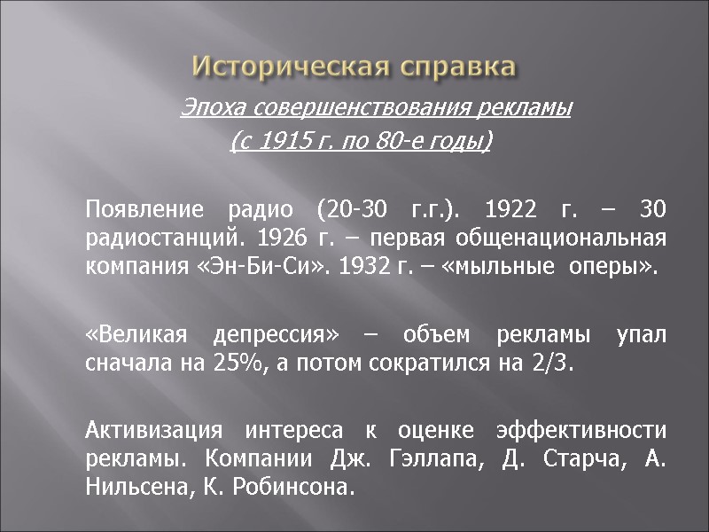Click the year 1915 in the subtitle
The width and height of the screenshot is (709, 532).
[284, 142]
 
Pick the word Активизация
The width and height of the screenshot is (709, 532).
[153, 432]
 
